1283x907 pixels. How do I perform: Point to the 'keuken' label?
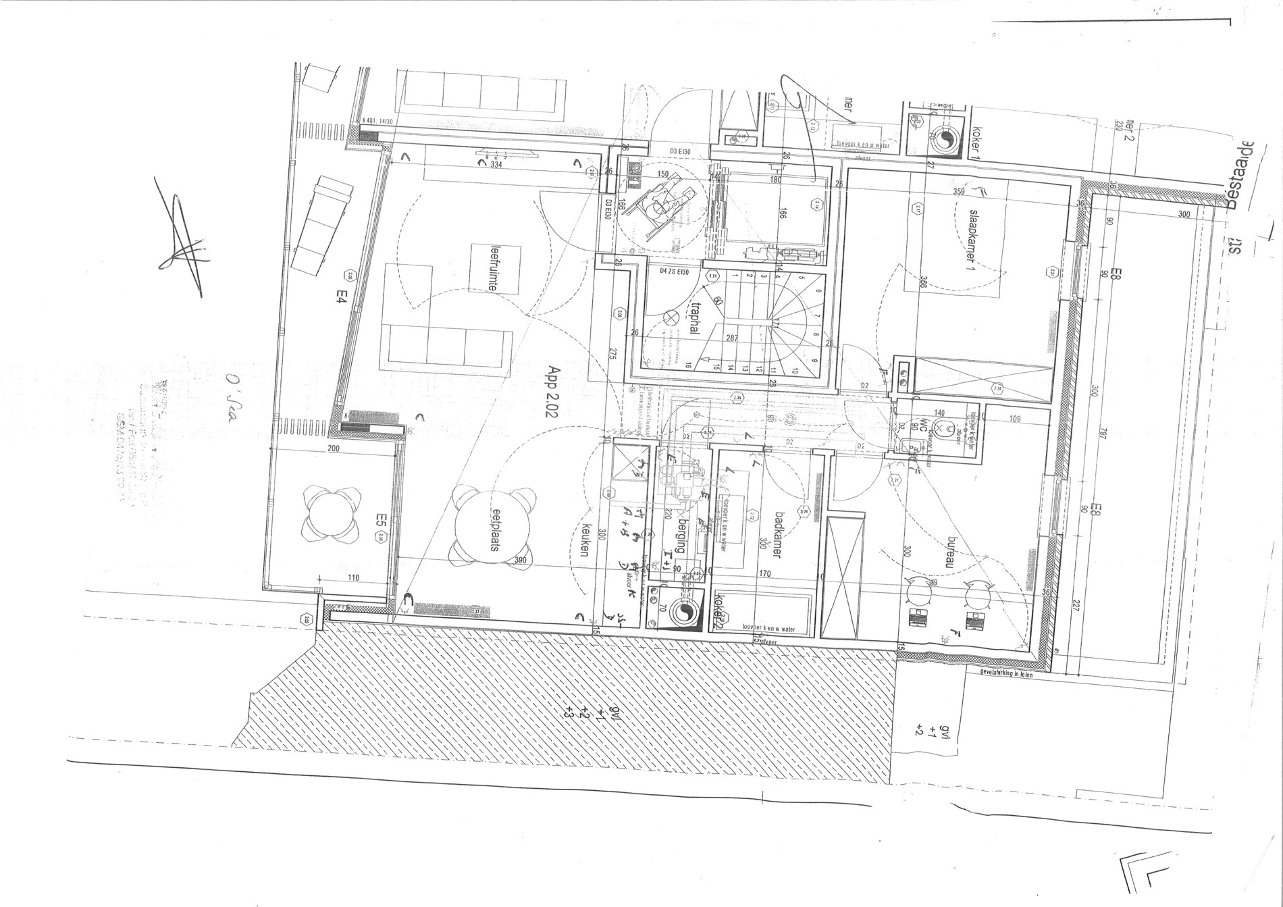[586, 540]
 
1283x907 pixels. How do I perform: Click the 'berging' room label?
[682, 537]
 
